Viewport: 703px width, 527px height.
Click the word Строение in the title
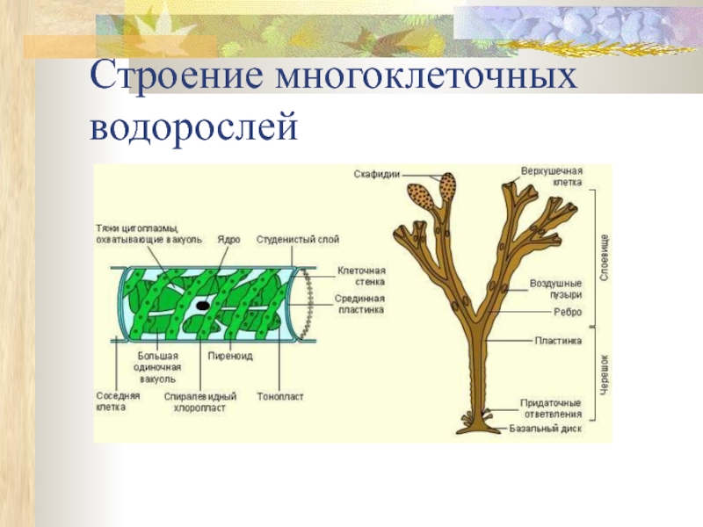pyautogui.click(x=176, y=76)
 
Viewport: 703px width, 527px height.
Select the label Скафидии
pyautogui.click(x=378, y=174)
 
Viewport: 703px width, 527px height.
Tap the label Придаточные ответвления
pyautogui.click(x=552, y=408)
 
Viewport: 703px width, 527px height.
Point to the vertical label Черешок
pyautogui.click(x=605, y=373)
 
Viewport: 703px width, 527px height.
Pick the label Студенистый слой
pyautogui.click(x=298, y=239)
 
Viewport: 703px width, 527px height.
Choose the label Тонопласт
pyautogui.click(x=280, y=397)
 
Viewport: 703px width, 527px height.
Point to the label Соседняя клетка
pyautogui.click(x=118, y=401)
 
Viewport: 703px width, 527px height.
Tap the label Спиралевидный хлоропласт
pyautogui.click(x=200, y=401)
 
